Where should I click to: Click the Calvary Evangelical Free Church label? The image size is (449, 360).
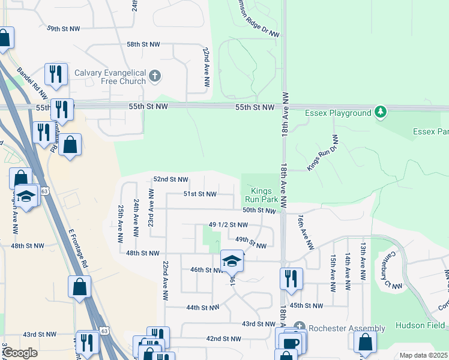pyautogui.click(x=110, y=77)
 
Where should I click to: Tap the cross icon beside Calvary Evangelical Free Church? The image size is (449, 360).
pyautogui.click(x=155, y=76)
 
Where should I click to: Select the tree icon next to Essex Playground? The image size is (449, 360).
pyautogui.click(x=380, y=112)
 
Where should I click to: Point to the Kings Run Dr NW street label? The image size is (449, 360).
pyautogui.click(x=324, y=153)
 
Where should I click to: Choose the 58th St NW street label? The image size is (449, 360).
pyautogui.click(x=143, y=44)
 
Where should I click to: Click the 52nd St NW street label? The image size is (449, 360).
pyautogui.click(x=170, y=179)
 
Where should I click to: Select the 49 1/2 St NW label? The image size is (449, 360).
pyautogui.click(x=228, y=225)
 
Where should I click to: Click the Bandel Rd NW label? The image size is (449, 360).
pyautogui.click(x=32, y=83)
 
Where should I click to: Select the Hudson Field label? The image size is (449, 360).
pyautogui.click(x=419, y=325)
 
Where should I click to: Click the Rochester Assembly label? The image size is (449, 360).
pyautogui.click(x=348, y=328)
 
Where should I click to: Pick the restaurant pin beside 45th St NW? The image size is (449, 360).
pyautogui.click(x=291, y=279)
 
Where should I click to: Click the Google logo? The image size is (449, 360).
pyautogui.click(x=20, y=353)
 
